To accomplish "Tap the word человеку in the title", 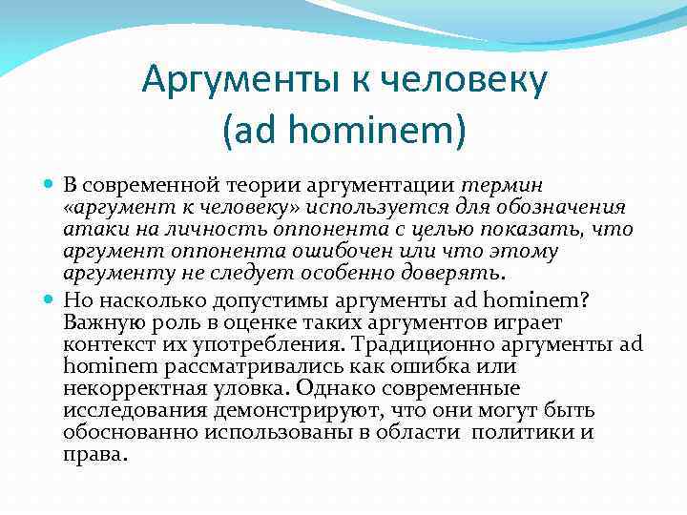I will point(464,81).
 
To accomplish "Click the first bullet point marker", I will point(50,184).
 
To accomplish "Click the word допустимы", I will point(244,299).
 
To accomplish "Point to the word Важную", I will point(103,321).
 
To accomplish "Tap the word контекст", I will point(107,343).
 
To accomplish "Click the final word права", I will point(94,455).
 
